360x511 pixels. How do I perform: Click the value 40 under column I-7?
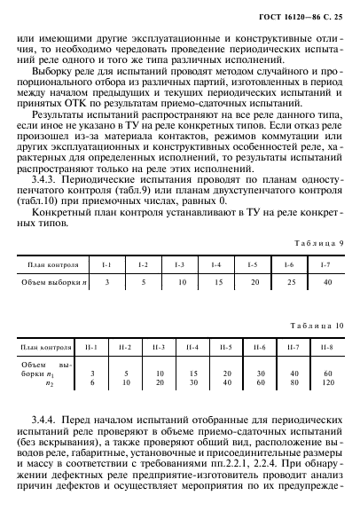tap(328, 281)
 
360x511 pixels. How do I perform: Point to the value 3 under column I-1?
tap(106, 281)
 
